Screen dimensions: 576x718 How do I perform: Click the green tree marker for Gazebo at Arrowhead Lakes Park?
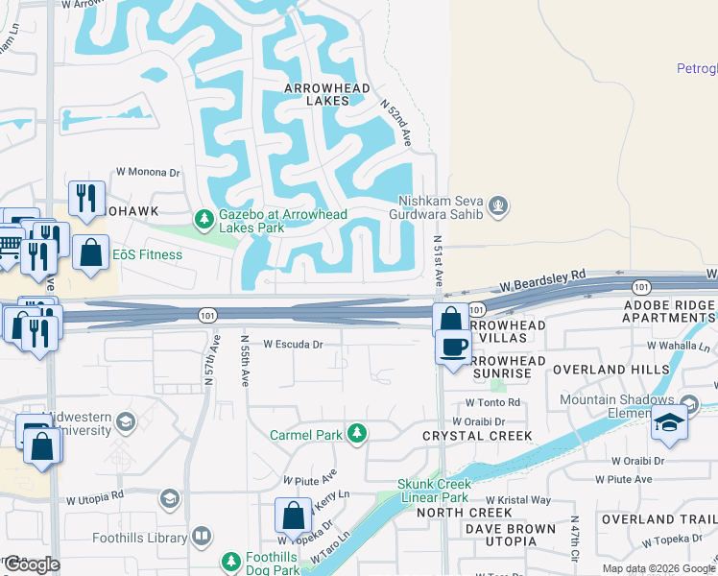[x=203, y=220]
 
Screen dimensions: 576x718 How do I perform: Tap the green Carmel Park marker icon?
[x=357, y=434]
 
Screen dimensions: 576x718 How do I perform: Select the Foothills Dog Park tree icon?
[x=231, y=561]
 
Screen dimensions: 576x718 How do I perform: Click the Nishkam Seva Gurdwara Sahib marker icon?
[x=497, y=204]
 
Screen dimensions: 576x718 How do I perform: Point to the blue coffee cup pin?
[x=454, y=347]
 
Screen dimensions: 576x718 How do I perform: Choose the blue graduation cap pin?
[x=668, y=422]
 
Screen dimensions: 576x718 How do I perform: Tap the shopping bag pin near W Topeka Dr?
[x=293, y=516]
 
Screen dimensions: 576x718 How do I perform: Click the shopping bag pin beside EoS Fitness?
[x=90, y=253]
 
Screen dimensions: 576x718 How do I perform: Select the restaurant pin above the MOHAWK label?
[x=86, y=198]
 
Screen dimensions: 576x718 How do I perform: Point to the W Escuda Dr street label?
[x=293, y=343]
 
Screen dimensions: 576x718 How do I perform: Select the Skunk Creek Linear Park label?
[x=433, y=491]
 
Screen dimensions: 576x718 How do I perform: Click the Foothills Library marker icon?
[x=202, y=536]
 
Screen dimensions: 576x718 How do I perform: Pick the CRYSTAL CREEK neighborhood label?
[x=477, y=436]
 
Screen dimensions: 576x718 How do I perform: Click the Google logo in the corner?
[x=32, y=564]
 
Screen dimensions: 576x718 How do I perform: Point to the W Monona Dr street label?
[x=148, y=172]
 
